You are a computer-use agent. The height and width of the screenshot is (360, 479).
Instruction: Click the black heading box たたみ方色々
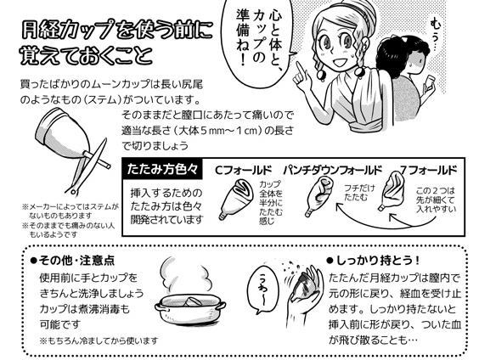[162, 169]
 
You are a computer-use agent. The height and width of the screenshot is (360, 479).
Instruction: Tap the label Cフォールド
[243, 170]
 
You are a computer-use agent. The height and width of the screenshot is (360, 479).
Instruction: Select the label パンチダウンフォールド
[333, 170]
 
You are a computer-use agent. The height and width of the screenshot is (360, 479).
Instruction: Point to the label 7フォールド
[429, 170]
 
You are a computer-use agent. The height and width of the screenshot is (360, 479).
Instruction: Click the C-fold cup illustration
[236, 199]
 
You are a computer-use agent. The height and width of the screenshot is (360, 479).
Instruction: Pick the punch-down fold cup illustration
[318, 196]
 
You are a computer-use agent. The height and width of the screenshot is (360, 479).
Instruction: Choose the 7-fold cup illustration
[392, 191]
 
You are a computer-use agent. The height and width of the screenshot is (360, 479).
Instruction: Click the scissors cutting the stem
[88, 167]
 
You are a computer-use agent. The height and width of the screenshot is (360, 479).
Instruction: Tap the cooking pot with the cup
[190, 308]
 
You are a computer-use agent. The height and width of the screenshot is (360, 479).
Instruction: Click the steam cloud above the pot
[186, 276]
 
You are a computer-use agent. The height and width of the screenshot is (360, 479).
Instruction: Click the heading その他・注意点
[73, 261]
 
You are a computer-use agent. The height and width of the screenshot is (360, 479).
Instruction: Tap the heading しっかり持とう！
[374, 261]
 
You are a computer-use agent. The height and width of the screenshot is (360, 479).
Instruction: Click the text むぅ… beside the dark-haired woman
[435, 35]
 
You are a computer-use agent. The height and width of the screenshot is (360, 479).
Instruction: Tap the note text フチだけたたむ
[359, 192]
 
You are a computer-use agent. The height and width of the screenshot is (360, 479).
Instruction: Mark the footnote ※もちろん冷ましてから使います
[99, 340]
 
